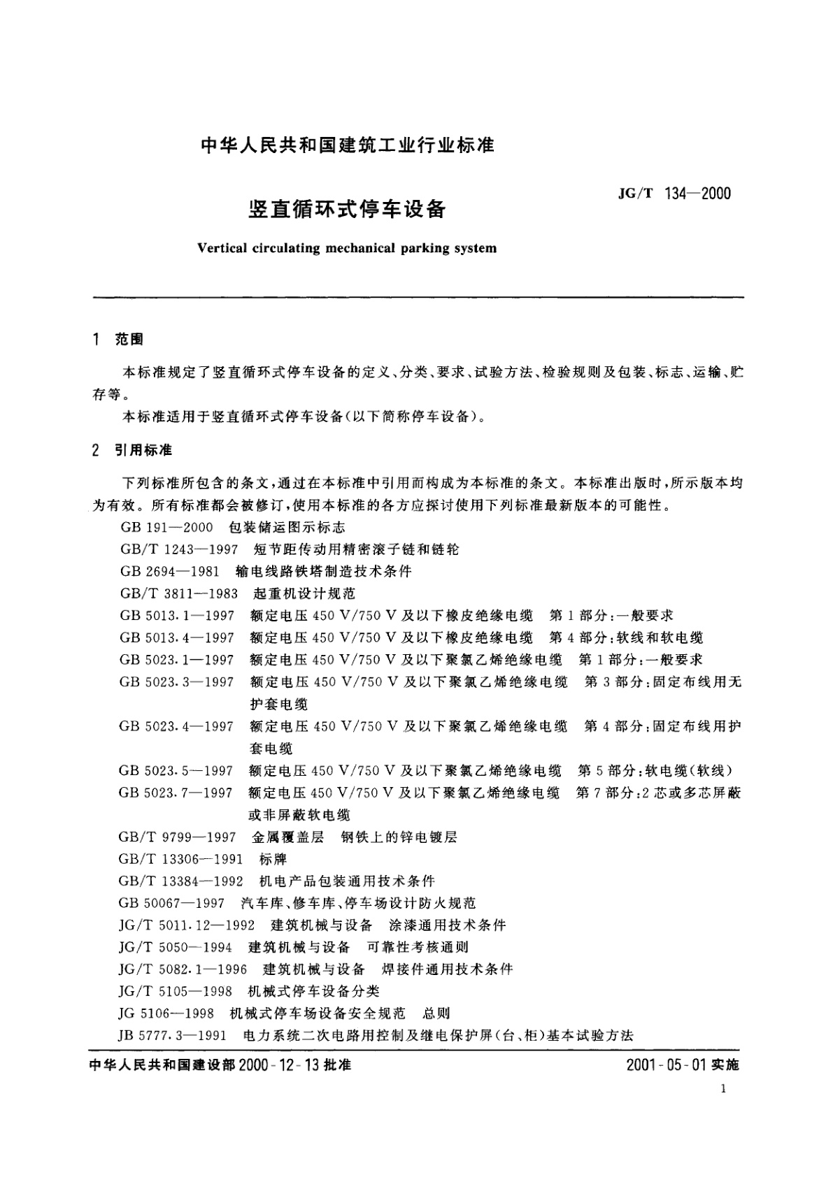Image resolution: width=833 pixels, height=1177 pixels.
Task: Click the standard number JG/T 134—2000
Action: pos(674,194)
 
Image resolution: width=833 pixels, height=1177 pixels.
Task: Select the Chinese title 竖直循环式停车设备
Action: pos(347,209)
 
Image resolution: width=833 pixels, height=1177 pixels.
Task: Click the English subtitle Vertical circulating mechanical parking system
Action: pos(347,248)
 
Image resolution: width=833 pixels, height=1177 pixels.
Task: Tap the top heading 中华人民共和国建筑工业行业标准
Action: pos(348,145)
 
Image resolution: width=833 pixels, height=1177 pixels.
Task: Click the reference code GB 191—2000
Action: pos(166,527)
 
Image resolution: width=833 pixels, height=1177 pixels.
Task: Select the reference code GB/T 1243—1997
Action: pos(179,549)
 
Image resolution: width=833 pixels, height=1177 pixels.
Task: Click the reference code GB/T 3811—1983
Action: pos(179,593)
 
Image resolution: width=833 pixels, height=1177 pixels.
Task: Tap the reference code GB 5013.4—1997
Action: pos(177,637)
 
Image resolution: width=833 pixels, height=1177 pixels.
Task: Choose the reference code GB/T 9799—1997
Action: pos(178,837)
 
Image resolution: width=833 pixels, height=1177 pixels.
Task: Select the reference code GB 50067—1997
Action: pos(172,903)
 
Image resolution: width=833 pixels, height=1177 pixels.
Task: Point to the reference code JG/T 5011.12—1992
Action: pos(187,925)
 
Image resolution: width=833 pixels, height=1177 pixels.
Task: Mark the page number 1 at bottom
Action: pos(724,1089)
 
